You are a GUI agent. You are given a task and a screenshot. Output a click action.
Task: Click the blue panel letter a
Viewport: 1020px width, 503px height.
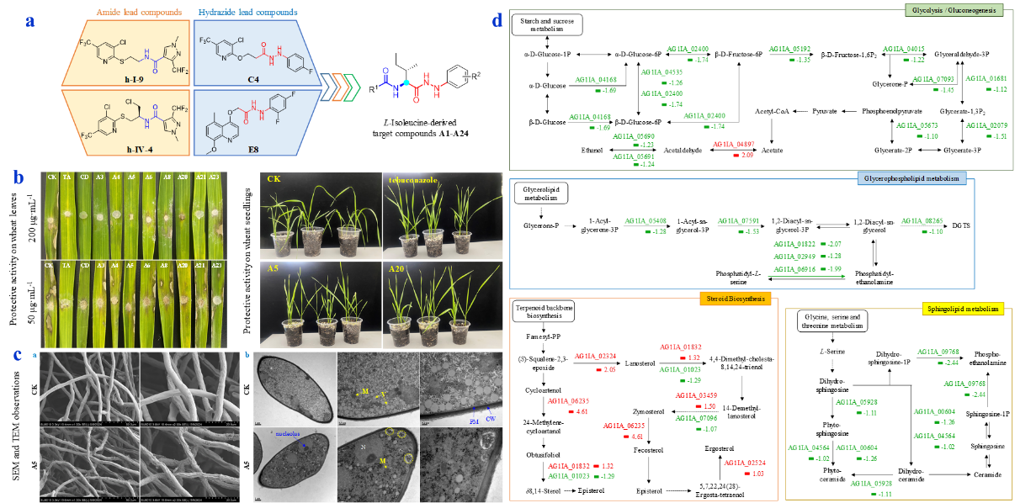(30, 21)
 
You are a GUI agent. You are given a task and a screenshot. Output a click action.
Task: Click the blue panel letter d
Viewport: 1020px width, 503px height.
(497, 20)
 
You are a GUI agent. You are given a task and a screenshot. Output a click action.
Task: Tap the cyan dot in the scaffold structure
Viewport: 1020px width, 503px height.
(406, 82)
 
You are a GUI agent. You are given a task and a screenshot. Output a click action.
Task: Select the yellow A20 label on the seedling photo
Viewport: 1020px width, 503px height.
(396, 268)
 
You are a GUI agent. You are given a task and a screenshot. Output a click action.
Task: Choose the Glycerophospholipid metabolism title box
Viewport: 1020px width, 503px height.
(911, 177)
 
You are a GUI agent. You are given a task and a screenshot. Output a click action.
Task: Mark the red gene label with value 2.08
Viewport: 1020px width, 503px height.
(734, 145)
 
